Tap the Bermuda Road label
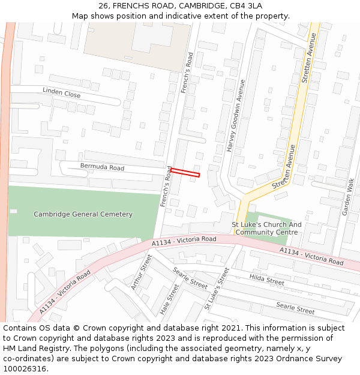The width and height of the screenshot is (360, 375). coord(102,166)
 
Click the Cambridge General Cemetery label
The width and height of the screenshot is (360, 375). coord(83,214)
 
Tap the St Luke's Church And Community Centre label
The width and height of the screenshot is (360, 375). coord(267,229)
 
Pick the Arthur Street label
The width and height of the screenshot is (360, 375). coord(142,271)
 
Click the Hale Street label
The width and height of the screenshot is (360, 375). coord(170,299)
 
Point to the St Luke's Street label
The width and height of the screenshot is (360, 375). coord(217,289)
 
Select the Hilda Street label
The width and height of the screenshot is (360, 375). coord(266,280)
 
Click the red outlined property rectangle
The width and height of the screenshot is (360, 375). coord(185,173)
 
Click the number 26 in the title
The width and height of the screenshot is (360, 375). coord(103,5)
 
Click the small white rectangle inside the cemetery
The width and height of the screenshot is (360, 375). coord(13,211)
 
